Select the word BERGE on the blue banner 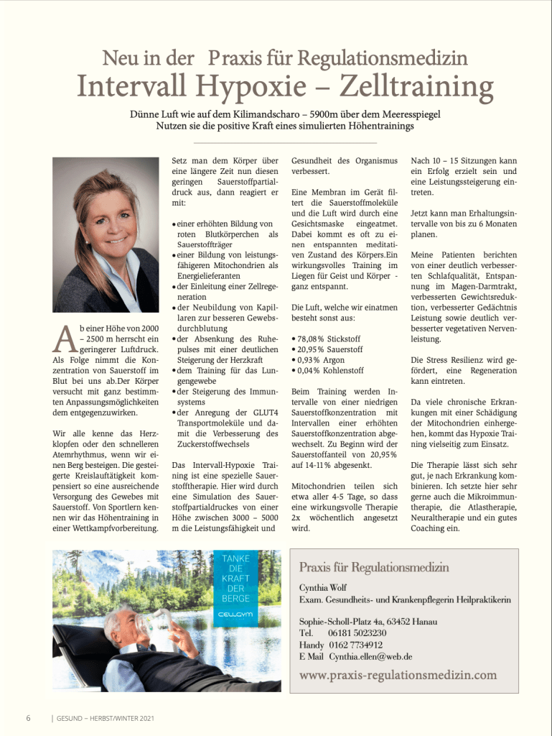tap(236, 599)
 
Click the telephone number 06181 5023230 tap(357, 633)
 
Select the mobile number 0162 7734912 tap(357, 645)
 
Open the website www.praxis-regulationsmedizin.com tap(398, 675)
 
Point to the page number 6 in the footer tap(28, 718)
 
